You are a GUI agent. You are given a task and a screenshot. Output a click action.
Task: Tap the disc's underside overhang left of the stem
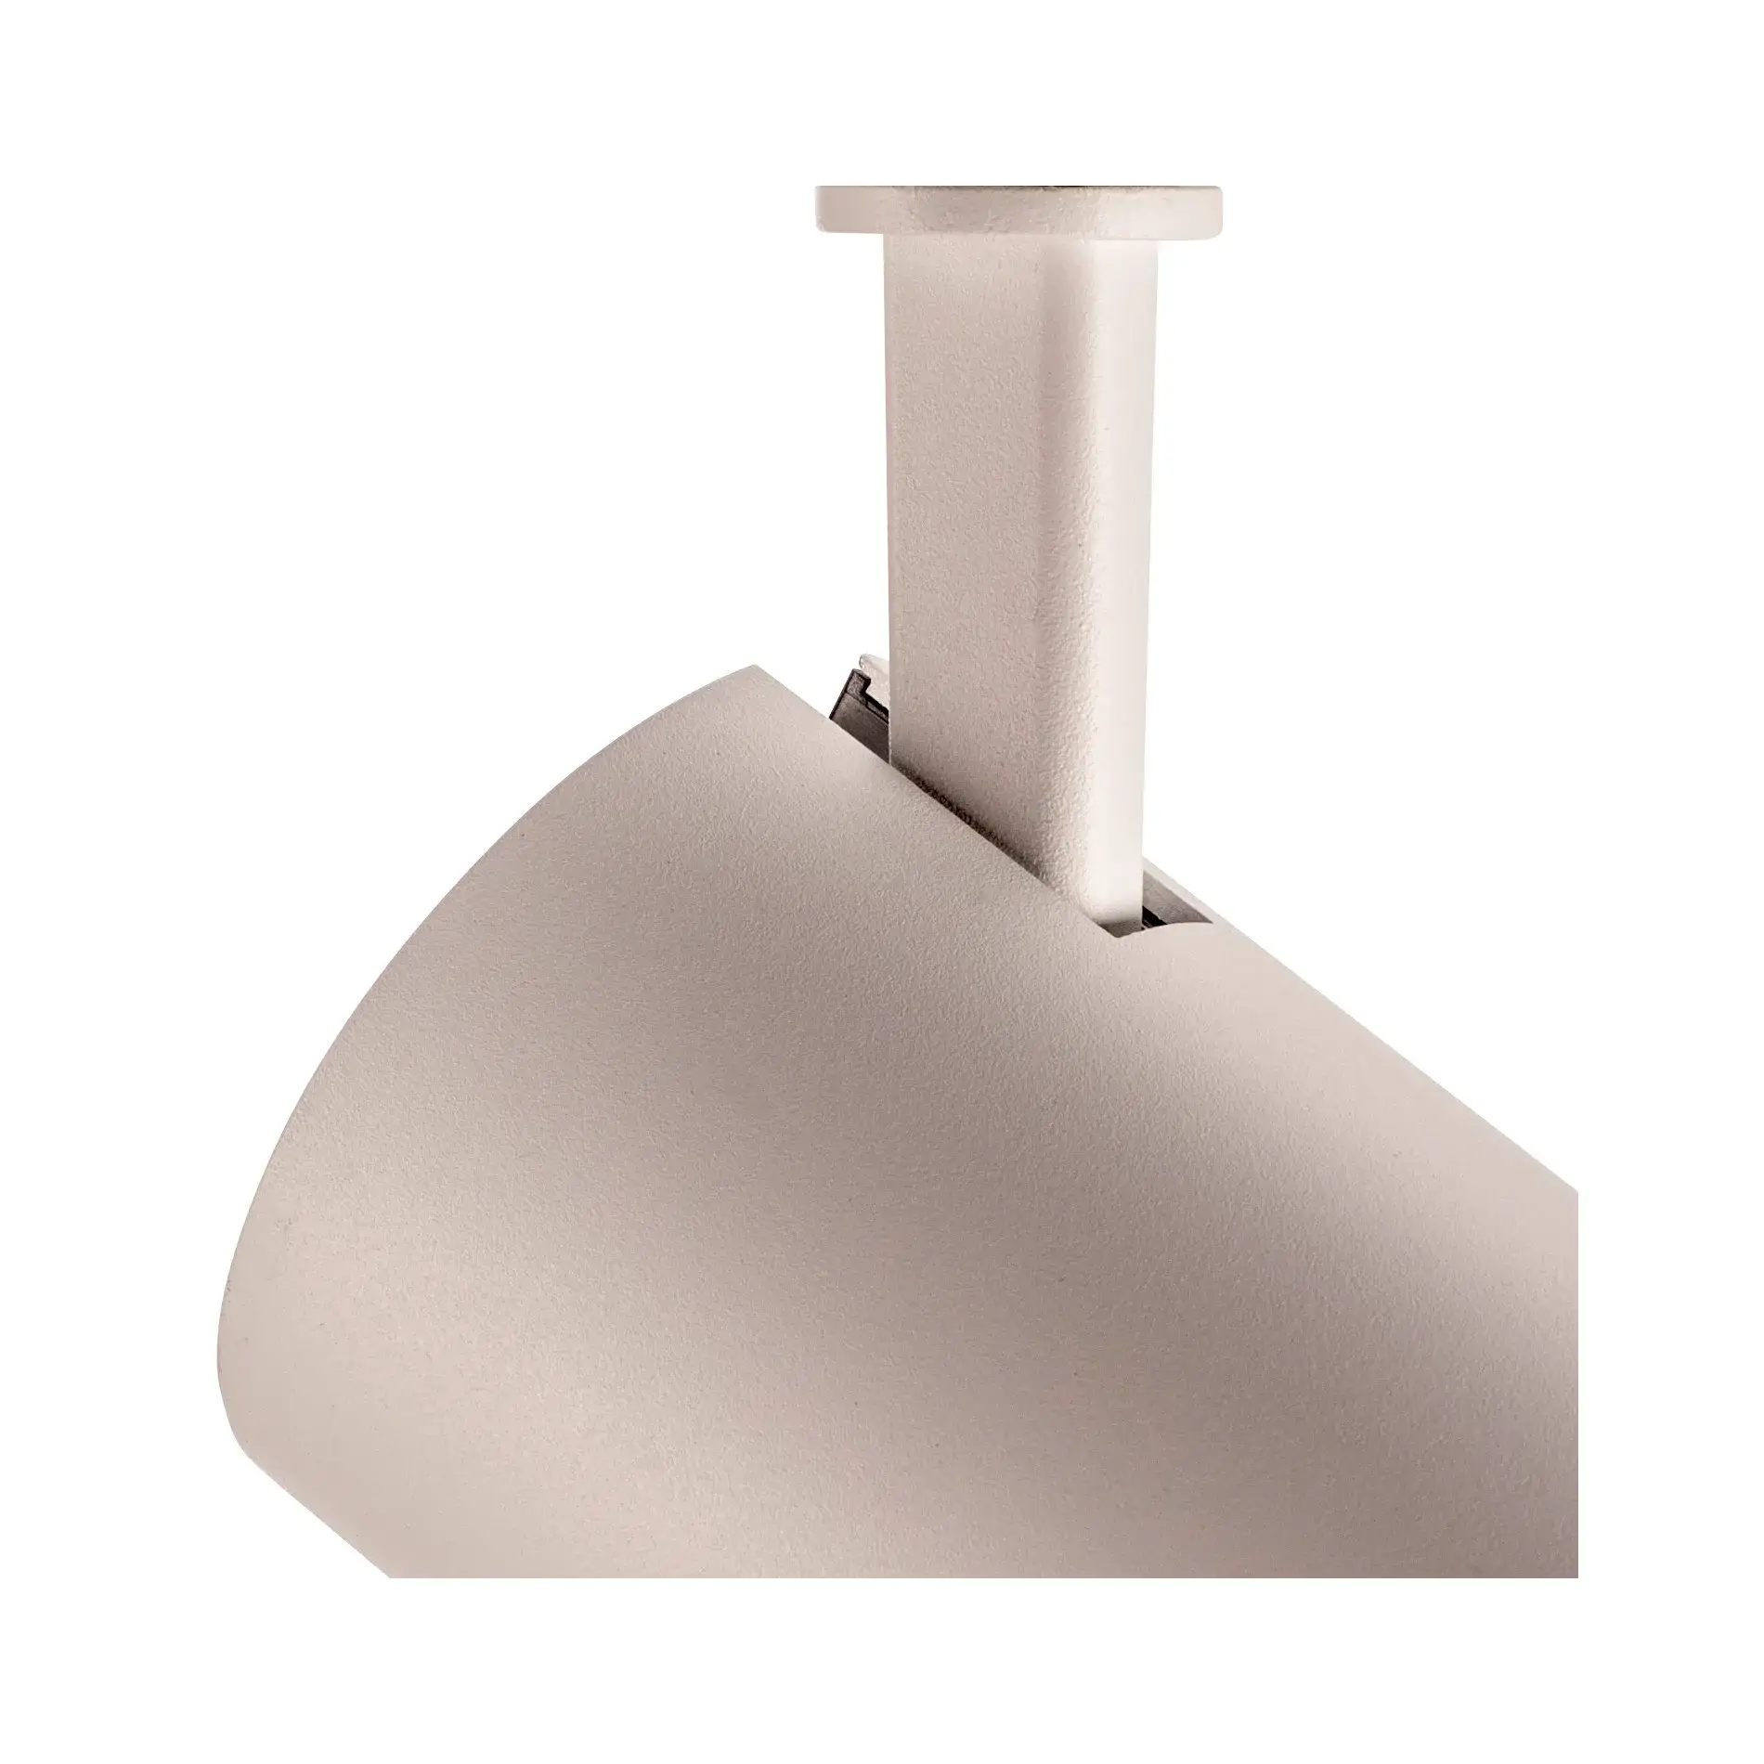(x=850, y=232)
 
